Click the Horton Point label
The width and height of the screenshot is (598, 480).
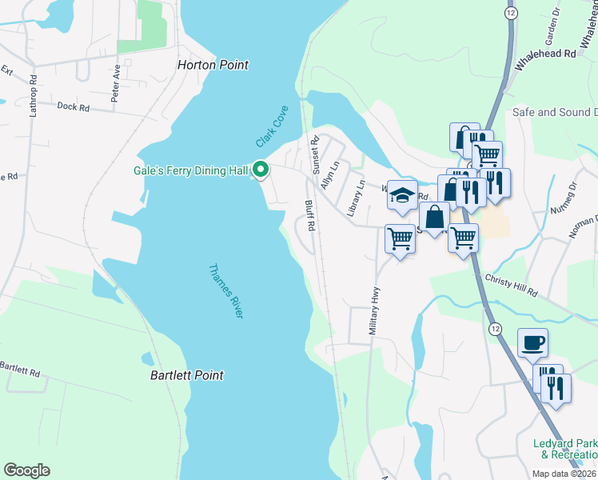[213, 65]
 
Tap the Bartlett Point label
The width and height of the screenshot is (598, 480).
[187, 374]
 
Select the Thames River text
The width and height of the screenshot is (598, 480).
[225, 291]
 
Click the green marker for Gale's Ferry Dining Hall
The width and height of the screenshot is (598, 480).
[260, 170]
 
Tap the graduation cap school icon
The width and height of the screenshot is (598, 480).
[403, 194]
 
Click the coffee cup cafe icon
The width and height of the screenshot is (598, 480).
[532, 343]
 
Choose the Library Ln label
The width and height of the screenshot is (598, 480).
[356, 198]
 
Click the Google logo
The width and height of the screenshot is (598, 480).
[26, 470]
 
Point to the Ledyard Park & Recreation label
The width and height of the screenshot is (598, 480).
[566, 449]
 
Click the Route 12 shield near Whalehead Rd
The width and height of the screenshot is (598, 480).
[509, 14]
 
